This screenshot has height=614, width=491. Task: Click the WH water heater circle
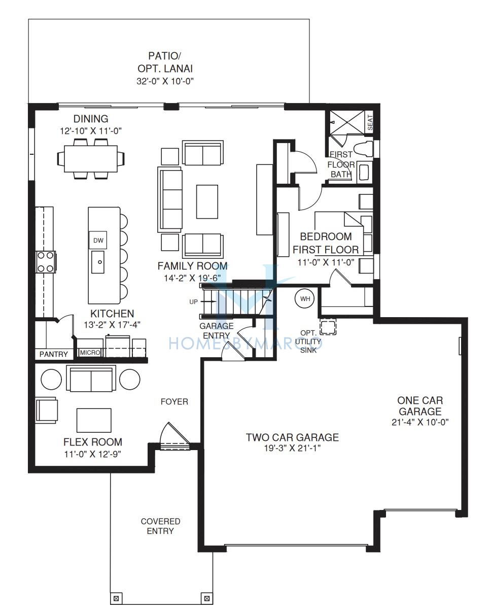pos(305,299)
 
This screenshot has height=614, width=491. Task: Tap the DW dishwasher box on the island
pos(98,240)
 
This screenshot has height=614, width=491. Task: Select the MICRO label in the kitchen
pos(90,353)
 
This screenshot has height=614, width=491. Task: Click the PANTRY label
pos(54,354)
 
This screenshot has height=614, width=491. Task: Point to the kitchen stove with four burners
pos(46,262)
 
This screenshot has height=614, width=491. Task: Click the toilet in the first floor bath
pos(363,149)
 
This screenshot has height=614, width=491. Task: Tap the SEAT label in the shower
pos(370,122)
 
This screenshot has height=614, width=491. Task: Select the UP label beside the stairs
pos(193,302)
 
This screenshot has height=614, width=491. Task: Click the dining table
pos(91,159)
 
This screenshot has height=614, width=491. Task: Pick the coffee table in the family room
pos(207,202)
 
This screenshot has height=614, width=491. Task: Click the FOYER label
pos(174,402)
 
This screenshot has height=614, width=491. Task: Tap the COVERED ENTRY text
pos(160,526)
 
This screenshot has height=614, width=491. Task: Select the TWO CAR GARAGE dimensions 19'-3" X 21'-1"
pos(293,448)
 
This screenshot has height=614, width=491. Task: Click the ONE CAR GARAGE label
pos(420,406)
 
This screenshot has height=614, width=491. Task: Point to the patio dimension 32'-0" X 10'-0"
pos(165,81)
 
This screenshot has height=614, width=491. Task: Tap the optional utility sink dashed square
pos(328,327)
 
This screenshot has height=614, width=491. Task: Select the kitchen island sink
pos(98,262)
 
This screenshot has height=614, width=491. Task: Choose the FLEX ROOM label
pos(93,442)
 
